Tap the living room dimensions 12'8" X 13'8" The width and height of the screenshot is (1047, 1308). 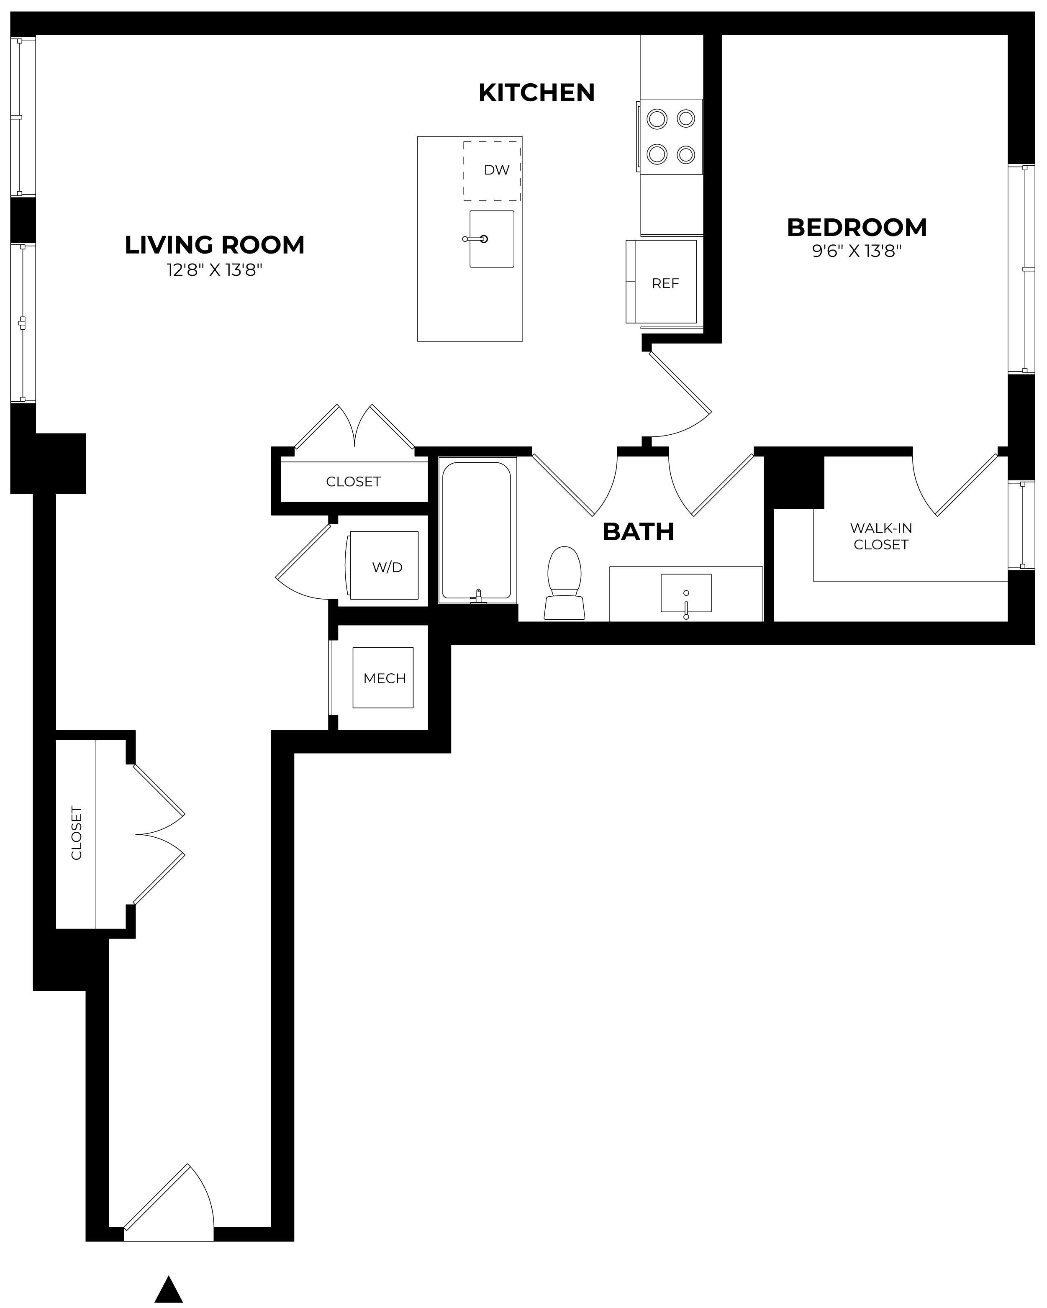coord(215,270)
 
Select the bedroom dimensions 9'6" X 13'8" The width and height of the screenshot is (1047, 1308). coord(857,251)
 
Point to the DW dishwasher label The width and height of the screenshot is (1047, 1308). coord(496,170)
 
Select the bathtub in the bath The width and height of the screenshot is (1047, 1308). coord(477,530)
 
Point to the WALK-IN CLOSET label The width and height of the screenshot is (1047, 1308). coord(881,536)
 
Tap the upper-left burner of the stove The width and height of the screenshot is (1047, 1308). coord(657,119)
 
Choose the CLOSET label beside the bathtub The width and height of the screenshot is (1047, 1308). coord(353,482)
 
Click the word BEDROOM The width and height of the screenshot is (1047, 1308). coord(857,228)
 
